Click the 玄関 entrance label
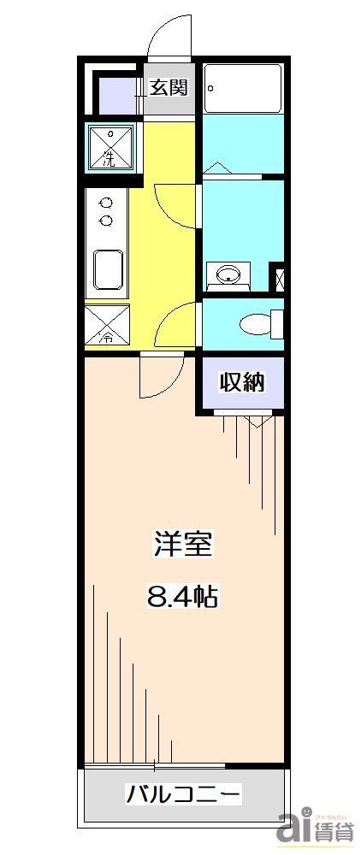pyautogui.click(x=169, y=87)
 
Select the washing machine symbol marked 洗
pyautogui.click(x=109, y=147)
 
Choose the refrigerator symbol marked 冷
pyautogui.click(x=108, y=325)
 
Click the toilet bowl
pyautogui.click(x=256, y=324)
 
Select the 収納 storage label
pyautogui.click(x=242, y=382)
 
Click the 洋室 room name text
pyautogui.click(x=182, y=545)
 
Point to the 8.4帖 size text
pyautogui.click(x=182, y=596)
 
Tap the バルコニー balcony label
pyautogui.click(x=183, y=794)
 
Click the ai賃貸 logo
pyautogui.click(x=316, y=827)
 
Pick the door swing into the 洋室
pyautogui.click(x=162, y=374)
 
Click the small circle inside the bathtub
pyautogui.click(x=210, y=87)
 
